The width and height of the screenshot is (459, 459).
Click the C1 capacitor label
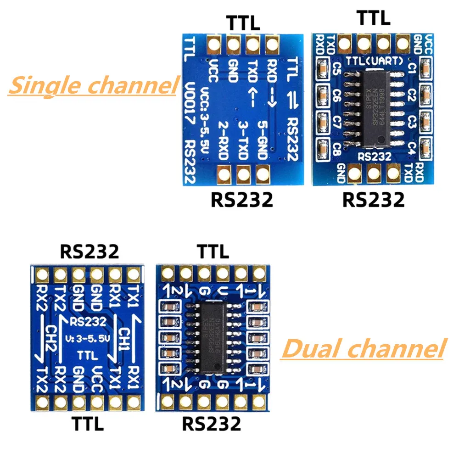[411, 69]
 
